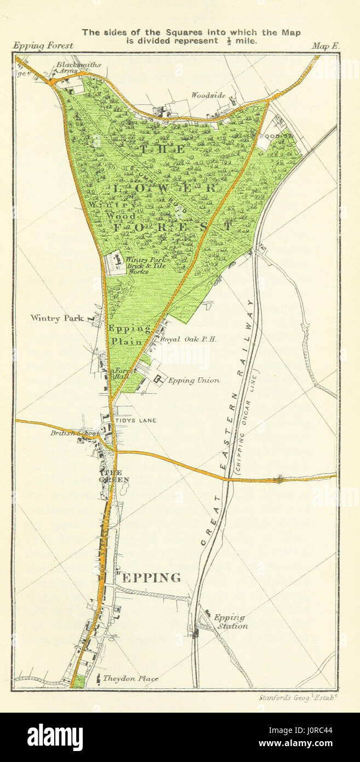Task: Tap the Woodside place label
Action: click(x=208, y=95)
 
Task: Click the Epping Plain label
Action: click(x=129, y=335)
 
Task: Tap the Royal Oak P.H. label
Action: click(x=188, y=339)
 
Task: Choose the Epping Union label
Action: click(x=193, y=380)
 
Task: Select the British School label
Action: click(x=75, y=433)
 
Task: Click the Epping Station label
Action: click(x=230, y=622)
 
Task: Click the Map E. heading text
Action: click(x=325, y=47)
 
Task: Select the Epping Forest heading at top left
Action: click(x=42, y=46)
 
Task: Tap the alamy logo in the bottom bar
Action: click(x=55, y=737)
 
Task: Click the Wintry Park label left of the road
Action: click(x=57, y=317)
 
